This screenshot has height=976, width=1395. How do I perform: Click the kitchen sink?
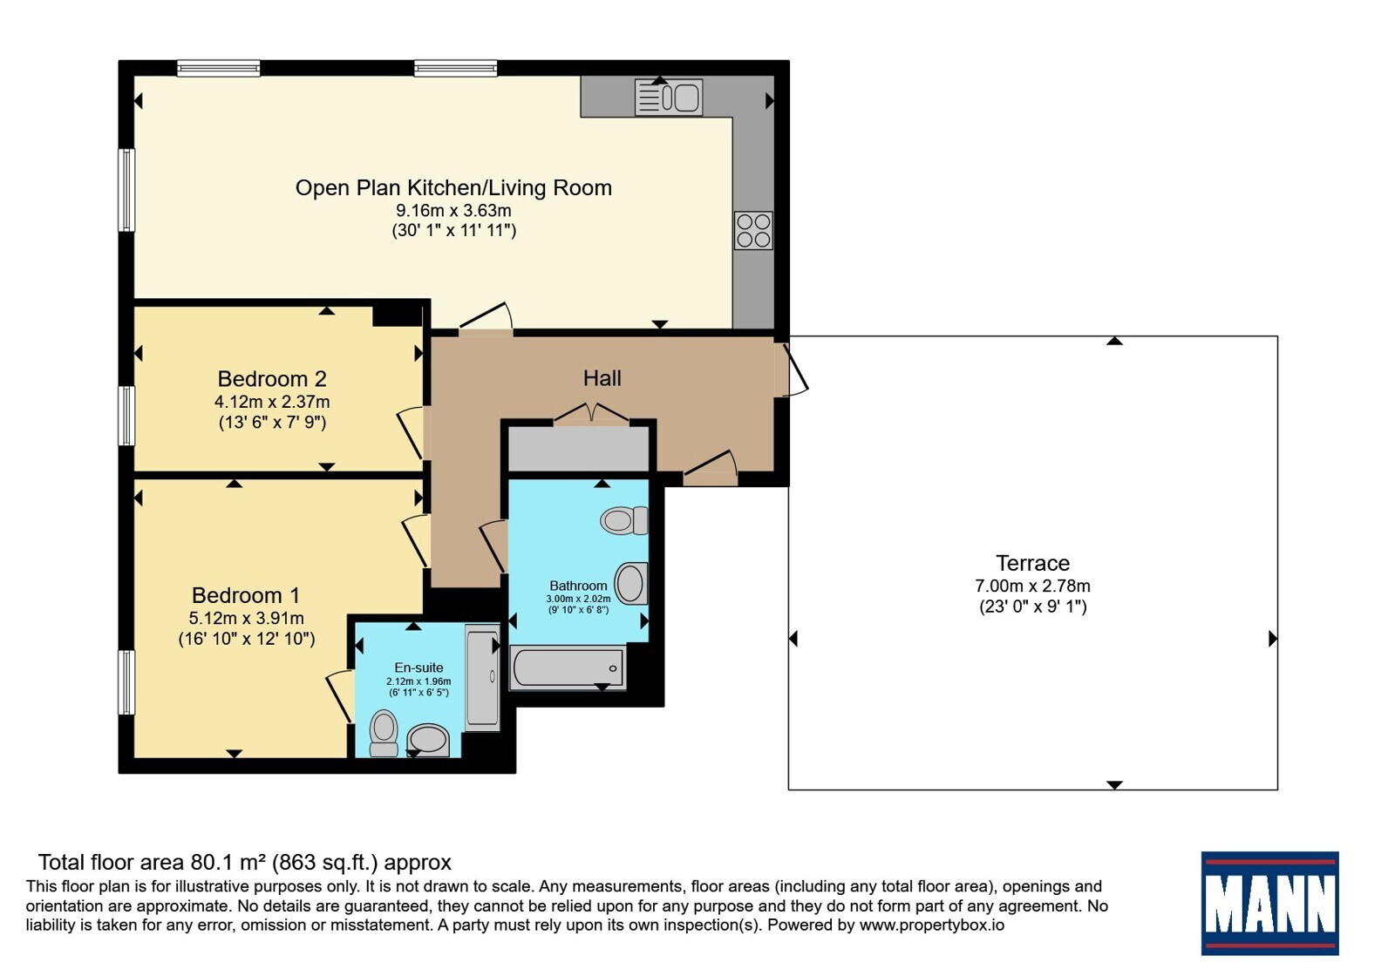(x=669, y=97)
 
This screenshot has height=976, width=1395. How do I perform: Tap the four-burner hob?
(x=753, y=230)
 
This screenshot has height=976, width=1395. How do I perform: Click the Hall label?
(x=602, y=378)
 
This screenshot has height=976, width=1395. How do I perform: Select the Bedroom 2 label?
(x=272, y=378)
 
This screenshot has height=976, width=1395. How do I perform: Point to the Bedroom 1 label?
(x=246, y=595)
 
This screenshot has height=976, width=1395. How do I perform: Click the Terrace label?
(x=1032, y=563)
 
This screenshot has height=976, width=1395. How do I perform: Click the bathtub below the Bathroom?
(x=568, y=668)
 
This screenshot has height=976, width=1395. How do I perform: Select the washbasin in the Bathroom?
(x=631, y=583)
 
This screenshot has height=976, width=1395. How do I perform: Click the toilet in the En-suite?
(x=384, y=734)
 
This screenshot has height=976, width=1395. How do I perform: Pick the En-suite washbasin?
(x=428, y=740)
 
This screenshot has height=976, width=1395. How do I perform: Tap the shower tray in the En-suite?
(x=483, y=677)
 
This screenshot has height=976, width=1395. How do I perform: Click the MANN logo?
(x=1269, y=903)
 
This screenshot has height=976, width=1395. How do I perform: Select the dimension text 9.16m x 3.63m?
(x=454, y=210)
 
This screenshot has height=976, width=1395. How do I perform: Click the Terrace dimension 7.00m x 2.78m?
(x=1032, y=586)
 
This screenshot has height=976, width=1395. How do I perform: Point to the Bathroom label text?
(x=578, y=586)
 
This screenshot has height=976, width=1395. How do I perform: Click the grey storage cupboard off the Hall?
(x=579, y=448)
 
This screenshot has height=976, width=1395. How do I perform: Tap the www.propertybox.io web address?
(x=932, y=925)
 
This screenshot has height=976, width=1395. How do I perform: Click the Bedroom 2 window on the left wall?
(x=126, y=416)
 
